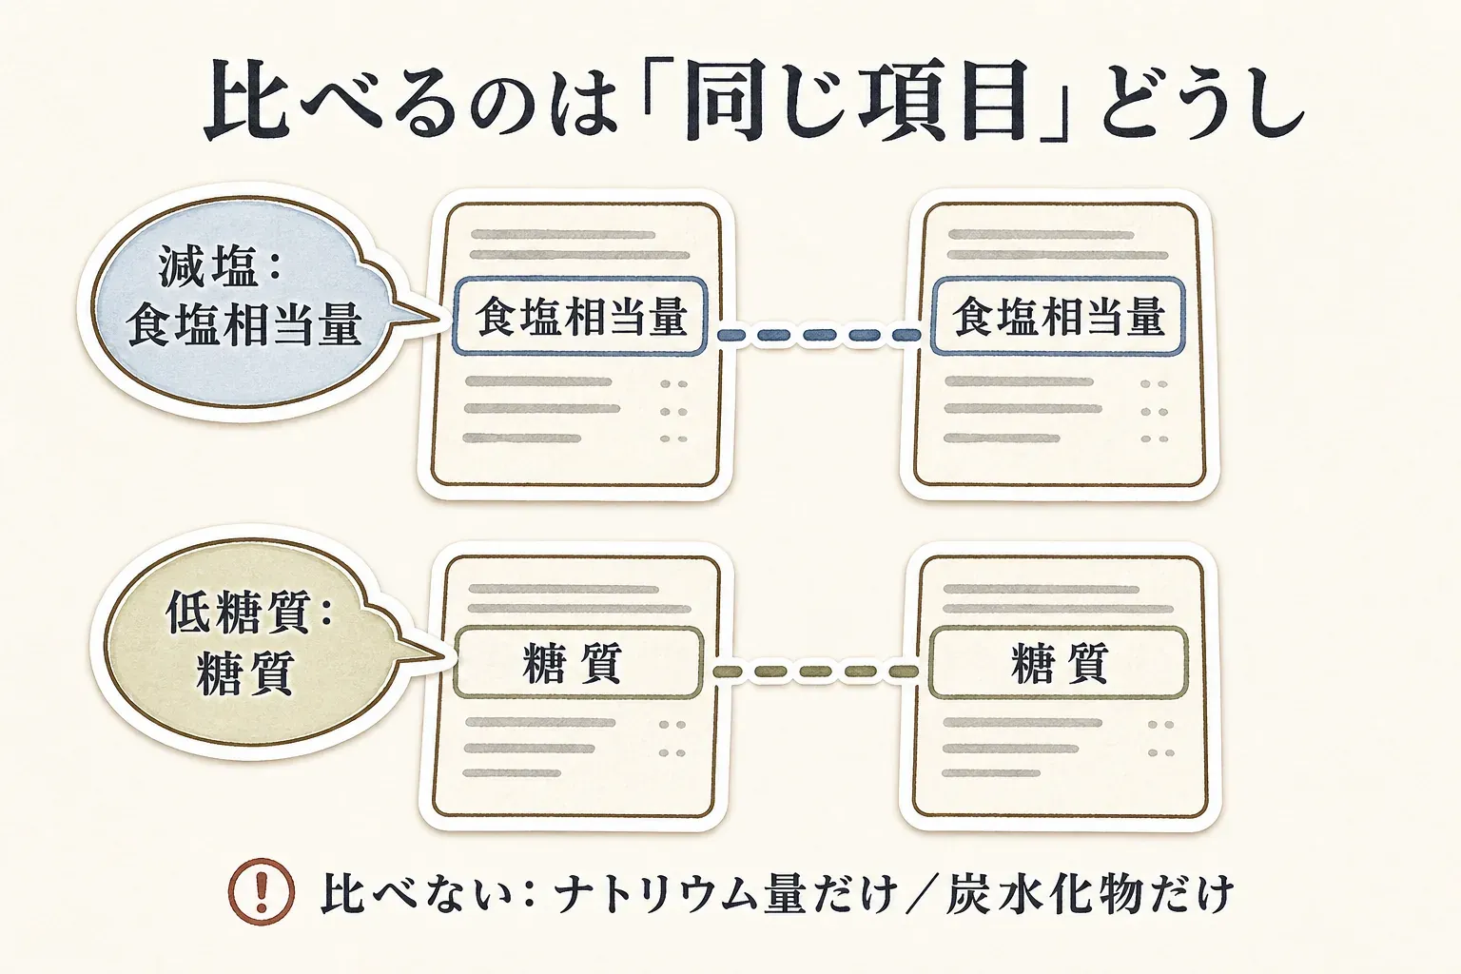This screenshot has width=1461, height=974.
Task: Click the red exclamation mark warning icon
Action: pyautogui.click(x=261, y=891)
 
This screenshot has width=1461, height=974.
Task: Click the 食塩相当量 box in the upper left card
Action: pyautogui.click(x=580, y=317)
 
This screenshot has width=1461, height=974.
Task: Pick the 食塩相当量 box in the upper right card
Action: pyautogui.click(x=1058, y=317)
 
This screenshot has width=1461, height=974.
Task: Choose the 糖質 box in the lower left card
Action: pyautogui.click(x=578, y=663)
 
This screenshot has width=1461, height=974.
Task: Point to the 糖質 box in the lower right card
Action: pyautogui.click(x=1058, y=663)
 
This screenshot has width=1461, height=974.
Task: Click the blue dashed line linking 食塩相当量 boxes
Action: pyautogui.click(x=819, y=336)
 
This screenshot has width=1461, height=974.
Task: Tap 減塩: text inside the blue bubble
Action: pyautogui.click(x=219, y=267)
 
